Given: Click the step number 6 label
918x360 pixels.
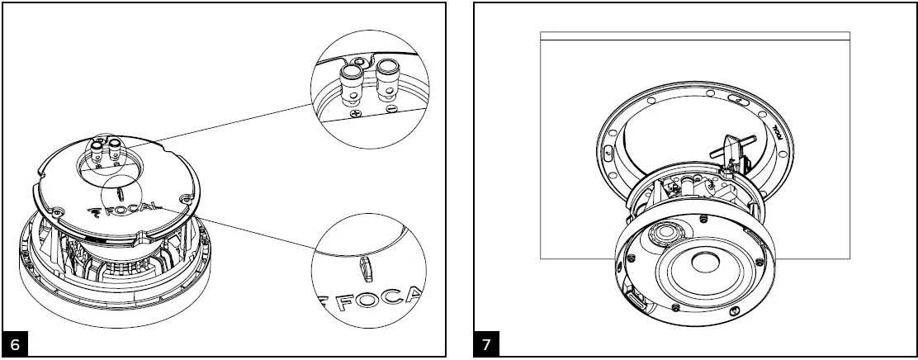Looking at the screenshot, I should pos(16,343).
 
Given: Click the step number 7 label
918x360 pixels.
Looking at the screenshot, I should pos(487,343).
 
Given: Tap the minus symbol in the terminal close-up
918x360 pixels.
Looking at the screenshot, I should pos(390,109).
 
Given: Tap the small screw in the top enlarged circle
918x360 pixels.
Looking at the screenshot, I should pos(357,61).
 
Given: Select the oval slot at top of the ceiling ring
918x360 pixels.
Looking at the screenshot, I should pos(739,100).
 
